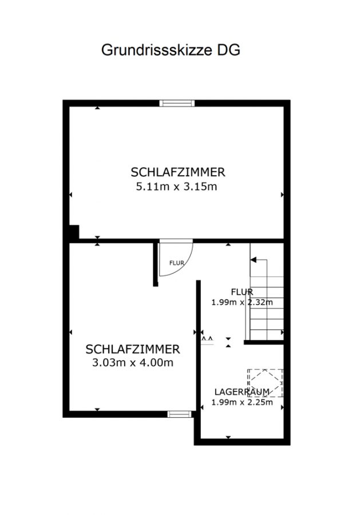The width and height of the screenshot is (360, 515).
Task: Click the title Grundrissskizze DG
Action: pyautogui.click(x=171, y=50)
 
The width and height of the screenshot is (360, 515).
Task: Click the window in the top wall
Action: pyautogui.click(x=177, y=103)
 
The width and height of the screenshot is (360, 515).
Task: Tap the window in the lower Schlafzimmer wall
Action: pyautogui.click(x=179, y=414)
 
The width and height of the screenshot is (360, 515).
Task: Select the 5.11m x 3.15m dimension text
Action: pyautogui.click(x=177, y=187)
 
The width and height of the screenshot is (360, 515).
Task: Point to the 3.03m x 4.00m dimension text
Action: pyautogui.click(x=133, y=363)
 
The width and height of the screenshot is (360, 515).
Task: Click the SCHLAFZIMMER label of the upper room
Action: pyautogui.click(x=178, y=172)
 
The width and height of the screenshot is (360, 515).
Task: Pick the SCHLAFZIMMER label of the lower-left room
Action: pyautogui.click(x=133, y=349)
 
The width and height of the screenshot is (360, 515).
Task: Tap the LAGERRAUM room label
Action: pyautogui.click(x=242, y=392)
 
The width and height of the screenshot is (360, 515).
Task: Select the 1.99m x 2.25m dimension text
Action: pyautogui.click(x=242, y=402)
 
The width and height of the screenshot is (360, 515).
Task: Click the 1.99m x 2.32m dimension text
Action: pyautogui.click(x=242, y=302)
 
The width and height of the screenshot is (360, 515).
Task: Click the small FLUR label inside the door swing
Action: pyautogui.click(x=177, y=263)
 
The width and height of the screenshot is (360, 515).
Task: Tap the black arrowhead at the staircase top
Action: pyautogui.click(x=253, y=260)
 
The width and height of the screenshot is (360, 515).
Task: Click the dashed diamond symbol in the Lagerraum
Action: pyautogui.click(x=266, y=383)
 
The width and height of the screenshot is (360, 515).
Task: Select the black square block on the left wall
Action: pyautogui.click(x=74, y=232)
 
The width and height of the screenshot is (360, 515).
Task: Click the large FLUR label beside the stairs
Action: pyautogui.click(x=242, y=292)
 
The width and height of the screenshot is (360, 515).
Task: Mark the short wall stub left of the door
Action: pyautogui.click(x=156, y=264)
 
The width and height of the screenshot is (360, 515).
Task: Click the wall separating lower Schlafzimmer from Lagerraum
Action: pyautogui.click(x=199, y=360)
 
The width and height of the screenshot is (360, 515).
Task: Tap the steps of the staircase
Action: pyautogui.click(x=267, y=299)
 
